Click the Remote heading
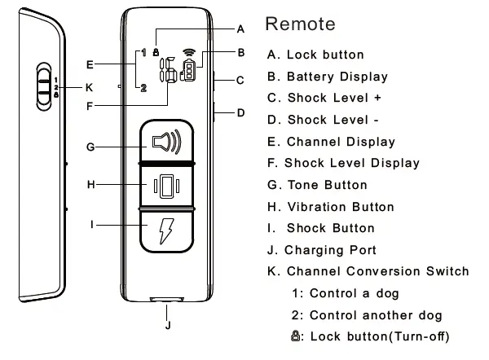tap(300, 24)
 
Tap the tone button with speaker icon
tap(166, 142)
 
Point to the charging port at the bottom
tap(167, 301)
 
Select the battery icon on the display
tap(189, 72)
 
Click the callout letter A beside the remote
tap(240, 29)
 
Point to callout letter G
tap(90, 147)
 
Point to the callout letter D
tap(240, 112)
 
